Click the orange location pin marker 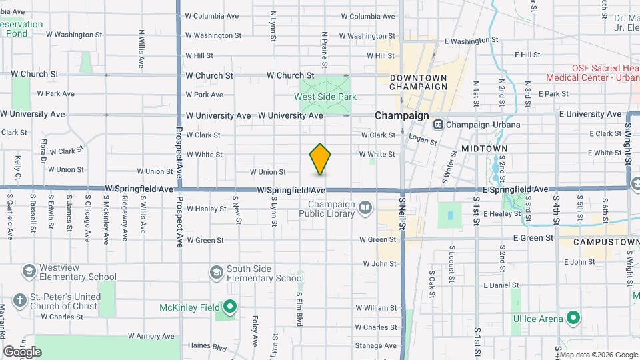(321, 159)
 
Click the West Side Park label (325, 97)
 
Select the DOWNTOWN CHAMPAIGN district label (418, 82)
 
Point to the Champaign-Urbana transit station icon (439, 125)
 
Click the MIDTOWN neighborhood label (484, 148)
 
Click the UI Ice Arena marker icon (572, 318)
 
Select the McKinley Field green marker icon (230, 307)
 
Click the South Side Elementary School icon (216, 272)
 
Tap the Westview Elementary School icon (29, 271)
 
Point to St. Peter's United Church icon (20, 301)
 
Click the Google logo (23, 351)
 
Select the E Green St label (533, 237)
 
